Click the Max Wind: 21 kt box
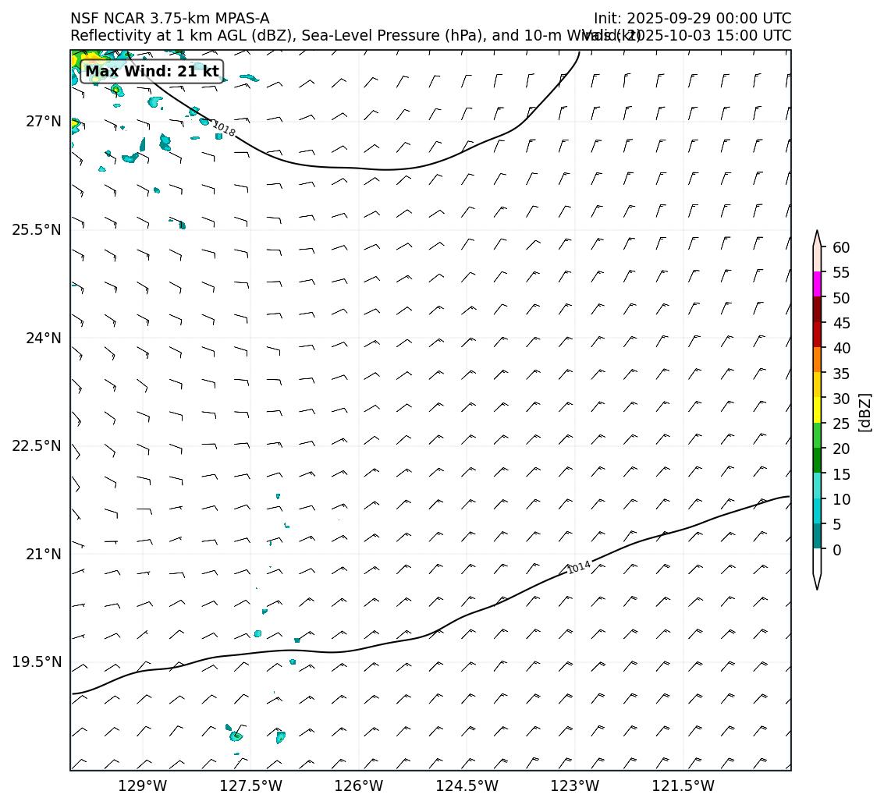[x=152, y=72]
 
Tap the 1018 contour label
[x=224, y=129]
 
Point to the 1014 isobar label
[x=579, y=567]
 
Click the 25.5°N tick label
[x=37, y=229]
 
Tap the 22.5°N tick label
[x=37, y=445]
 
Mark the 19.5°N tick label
[x=37, y=662]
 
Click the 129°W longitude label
[x=143, y=785]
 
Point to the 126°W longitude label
[x=359, y=785]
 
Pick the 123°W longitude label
[x=575, y=785]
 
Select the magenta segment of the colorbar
[x=817, y=284]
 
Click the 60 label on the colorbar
[x=841, y=247]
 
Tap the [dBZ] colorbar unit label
[x=864, y=412]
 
